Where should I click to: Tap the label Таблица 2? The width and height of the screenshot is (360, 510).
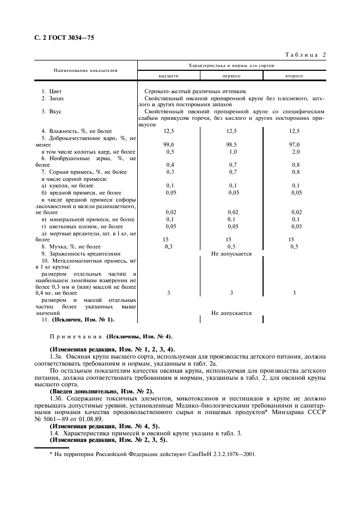[305, 54]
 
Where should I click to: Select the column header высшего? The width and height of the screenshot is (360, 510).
[168, 76]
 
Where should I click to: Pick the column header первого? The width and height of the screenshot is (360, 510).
[231, 76]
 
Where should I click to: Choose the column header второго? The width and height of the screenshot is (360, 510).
[294, 76]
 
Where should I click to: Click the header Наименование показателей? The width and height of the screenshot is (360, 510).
[85, 71]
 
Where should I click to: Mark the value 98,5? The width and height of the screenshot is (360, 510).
[231, 144]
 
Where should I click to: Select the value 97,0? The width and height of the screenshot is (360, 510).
[294, 144]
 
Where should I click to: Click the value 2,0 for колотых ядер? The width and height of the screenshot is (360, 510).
[294, 151]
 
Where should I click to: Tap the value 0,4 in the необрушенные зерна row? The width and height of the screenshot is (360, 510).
[170, 165]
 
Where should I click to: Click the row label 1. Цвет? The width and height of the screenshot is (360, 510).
[52, 91]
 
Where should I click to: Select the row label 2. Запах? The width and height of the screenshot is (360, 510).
[53, 98]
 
